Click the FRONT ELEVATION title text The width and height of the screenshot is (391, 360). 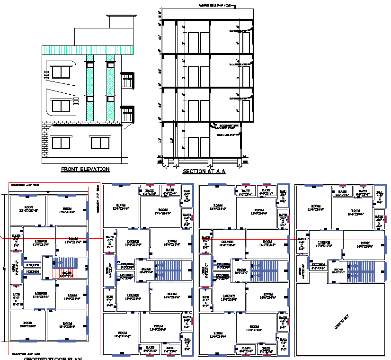pos(85,169)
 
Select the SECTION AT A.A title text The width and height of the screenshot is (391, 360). pos(204,171)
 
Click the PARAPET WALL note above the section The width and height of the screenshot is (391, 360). pos(215,5)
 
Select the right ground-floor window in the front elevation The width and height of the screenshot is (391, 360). pos(100,143)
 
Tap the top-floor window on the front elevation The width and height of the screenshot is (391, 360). pos(61,72)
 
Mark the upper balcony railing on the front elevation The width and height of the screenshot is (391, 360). pos(127,81)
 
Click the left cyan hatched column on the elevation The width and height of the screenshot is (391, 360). pos(89,90)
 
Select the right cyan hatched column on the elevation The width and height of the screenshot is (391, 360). pos(110,90)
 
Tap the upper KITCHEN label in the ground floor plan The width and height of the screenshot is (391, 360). pos(33,265)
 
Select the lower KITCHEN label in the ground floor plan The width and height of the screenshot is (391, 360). pos(33,272)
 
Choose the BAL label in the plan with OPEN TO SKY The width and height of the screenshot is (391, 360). pos(379,193)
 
